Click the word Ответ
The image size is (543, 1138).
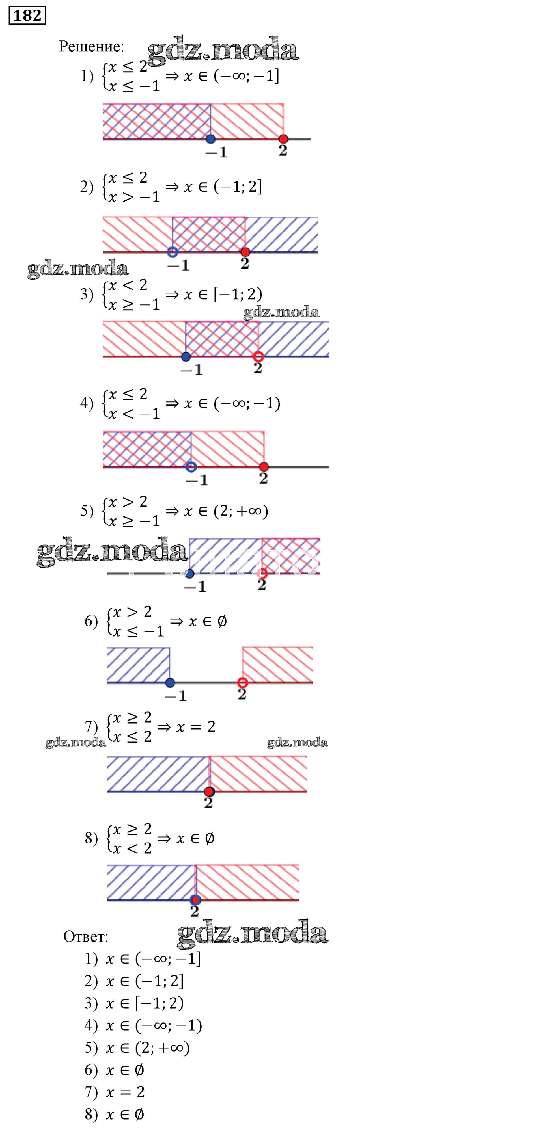(x=85, y=936)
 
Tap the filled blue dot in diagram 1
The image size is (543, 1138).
(x=210, y=139)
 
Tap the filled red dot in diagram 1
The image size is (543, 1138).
(x=283, y=139)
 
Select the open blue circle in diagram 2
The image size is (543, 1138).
(x=173, y=252)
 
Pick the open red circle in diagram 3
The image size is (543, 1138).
(x=258, y=356)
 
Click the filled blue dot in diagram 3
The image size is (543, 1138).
(x=186, y=356)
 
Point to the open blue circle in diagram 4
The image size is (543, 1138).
(x=191, y=467)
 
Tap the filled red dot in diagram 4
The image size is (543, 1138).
(x=264, y=467)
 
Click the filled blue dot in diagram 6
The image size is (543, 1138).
(x=170, y=683)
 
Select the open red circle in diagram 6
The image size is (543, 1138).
(x=242, y=683)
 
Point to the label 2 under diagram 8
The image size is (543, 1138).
(x=195, y=911)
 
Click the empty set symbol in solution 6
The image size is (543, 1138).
(x=222, y=622)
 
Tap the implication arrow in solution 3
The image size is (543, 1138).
(x=172, y=295)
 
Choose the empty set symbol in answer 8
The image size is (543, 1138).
(x=139, y=1115)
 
